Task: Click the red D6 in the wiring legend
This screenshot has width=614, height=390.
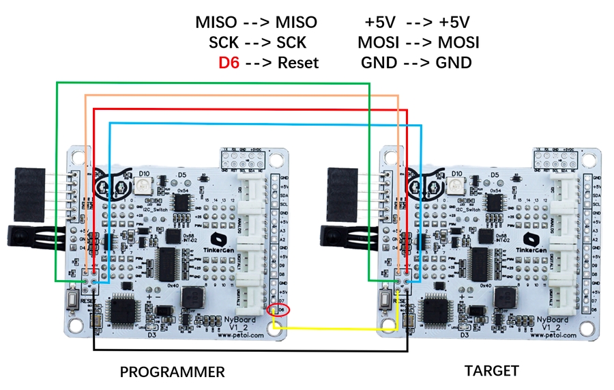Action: point(229,63)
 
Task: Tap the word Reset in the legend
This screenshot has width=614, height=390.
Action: point(297,63)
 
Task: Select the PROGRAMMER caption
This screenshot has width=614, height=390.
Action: point(172,372)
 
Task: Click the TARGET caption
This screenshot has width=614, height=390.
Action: point(491,371)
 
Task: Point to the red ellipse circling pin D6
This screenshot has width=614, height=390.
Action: point(280,311)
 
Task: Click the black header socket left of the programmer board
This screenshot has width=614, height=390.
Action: point(29,186)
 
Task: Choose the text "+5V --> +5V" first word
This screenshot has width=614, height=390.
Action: point(376,22)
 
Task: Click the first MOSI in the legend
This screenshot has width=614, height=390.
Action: point(377,42)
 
